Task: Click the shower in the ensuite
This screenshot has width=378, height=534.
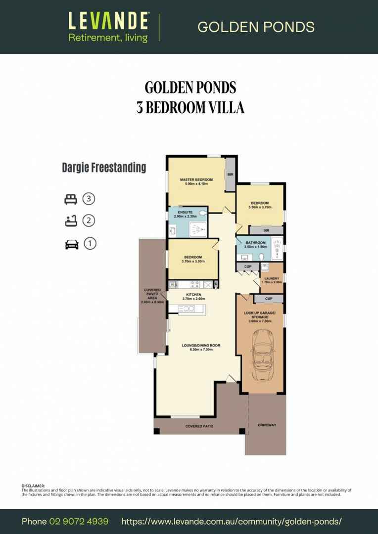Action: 196,228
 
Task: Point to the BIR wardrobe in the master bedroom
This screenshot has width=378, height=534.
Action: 230,175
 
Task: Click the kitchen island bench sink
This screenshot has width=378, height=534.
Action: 186,309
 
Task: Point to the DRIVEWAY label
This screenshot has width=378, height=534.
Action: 267,425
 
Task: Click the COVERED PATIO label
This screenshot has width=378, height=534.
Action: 199,426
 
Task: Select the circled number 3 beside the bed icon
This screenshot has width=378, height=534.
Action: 89,199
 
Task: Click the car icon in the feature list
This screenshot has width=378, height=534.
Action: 72,244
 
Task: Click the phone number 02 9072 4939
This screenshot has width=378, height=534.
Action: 79,522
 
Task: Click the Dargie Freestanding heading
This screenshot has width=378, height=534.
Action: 104,168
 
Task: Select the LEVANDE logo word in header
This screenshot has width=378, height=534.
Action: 108,21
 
